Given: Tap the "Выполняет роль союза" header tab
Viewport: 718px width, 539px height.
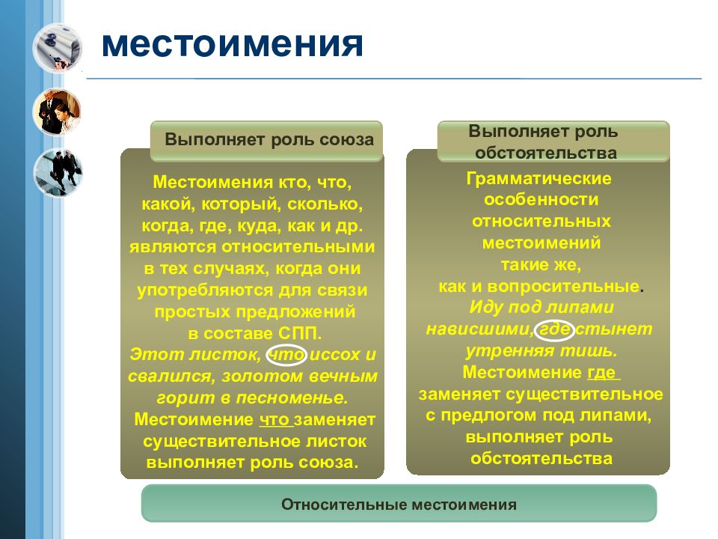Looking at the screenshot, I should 269,141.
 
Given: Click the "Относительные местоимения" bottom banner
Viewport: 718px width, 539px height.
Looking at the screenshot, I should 399,504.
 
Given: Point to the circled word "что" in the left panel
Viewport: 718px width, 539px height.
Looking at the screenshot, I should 286,355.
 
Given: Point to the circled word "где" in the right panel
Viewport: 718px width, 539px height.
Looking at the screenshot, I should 556,329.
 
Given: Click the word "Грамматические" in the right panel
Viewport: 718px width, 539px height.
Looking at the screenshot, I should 538,180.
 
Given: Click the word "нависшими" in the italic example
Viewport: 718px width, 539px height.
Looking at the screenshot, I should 479,329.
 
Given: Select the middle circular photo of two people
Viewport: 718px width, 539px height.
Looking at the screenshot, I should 57,112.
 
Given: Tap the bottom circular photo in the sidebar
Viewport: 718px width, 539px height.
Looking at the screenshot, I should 57,173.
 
